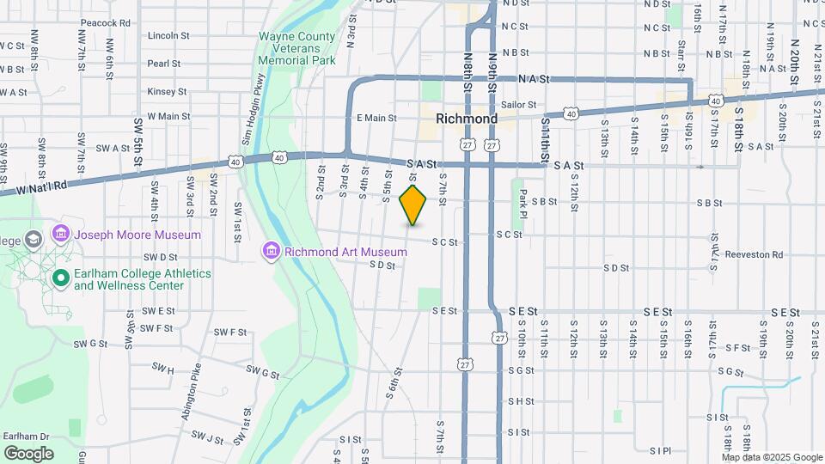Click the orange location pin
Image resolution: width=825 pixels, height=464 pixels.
[x=413, y=205]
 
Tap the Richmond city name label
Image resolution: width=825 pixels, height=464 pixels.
[x=467, y=118]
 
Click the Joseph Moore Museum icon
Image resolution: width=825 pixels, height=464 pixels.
[x=60, y=234]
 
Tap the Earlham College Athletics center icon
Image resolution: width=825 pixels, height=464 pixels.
[x=60, y=278]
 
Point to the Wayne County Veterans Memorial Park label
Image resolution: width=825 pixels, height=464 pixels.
[x=297, y=50]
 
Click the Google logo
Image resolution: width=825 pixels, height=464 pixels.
[x=28, y=453]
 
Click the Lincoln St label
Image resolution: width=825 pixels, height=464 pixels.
[x=168, y=36]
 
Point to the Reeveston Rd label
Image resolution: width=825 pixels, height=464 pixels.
[x=754, y=254]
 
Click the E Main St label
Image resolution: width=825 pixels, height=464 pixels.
[x=376, y=118]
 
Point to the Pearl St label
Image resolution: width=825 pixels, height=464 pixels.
[x=163, y=64]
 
